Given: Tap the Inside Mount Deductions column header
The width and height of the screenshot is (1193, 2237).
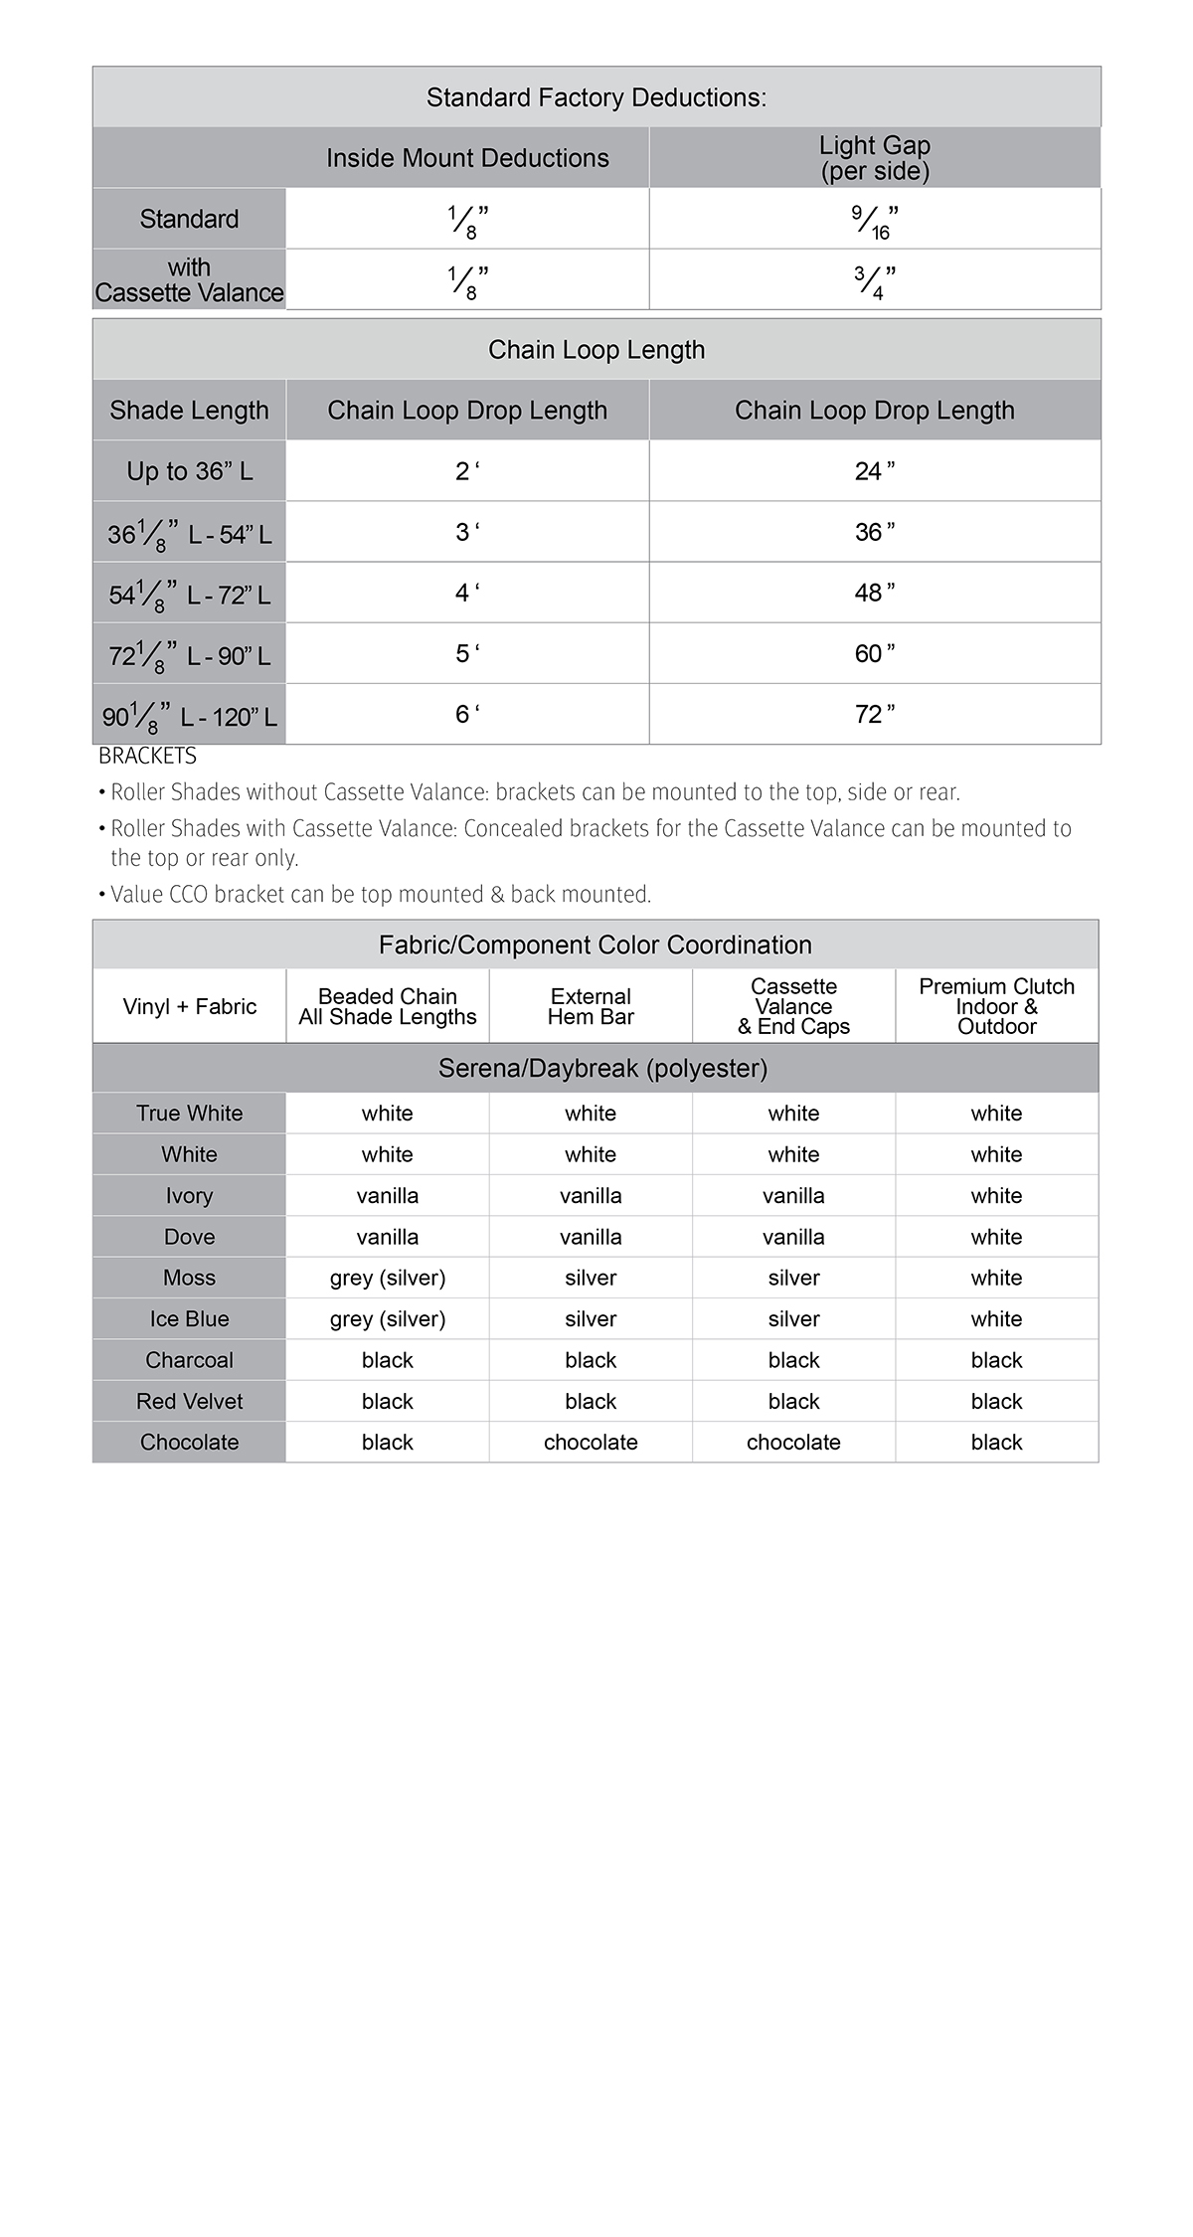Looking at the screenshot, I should click(x=467, y=158).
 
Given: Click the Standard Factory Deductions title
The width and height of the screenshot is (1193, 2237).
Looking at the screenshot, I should click(x=596, y=97).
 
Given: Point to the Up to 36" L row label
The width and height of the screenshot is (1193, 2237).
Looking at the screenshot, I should click(x=189, y=471).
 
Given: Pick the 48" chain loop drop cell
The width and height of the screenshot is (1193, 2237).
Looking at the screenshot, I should click(x=875, y=593).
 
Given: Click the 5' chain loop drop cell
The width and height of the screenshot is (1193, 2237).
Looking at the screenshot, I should click(x=467, y=653).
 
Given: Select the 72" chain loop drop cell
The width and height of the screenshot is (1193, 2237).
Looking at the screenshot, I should click(x=875, y=714).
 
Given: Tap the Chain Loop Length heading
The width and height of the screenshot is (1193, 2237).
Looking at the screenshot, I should click(x=596, y=350).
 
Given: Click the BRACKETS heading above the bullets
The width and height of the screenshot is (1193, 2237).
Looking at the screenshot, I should click(x=147, y=757).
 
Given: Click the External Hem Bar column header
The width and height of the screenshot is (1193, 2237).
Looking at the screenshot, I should click(x=591, y=1006).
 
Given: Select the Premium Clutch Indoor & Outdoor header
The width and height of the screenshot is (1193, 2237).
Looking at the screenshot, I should click(x=996, y=1006).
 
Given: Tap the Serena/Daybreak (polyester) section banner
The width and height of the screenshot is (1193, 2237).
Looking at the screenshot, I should click(x=602, y=1069).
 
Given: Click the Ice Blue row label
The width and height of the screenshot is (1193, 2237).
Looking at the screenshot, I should click(x=189, y=1319).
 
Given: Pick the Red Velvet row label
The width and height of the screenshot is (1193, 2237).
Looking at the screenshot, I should click(x=189, y=1402).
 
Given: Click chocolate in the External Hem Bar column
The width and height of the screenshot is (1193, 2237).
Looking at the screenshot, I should click(x=591, y=1443).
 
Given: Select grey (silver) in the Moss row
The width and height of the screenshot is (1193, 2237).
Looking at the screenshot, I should click(x=388, y=1279).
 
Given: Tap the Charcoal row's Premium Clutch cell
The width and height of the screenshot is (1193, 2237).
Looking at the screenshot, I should click(x=996, y=1360).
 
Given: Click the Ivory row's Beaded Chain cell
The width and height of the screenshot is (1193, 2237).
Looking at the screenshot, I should click(x=388, y=1196).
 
